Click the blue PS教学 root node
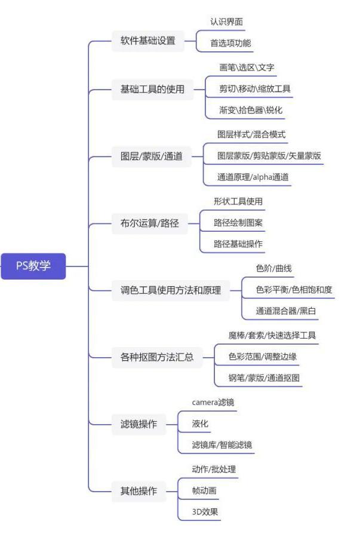click(x=33, y=266)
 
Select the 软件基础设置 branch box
click(x=148, y=41)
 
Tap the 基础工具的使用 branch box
click(x=152, y=89)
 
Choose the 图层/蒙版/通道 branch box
click(x=152, y=156)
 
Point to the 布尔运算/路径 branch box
click(x=150, y=223)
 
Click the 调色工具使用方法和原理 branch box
click(x=171, y=290)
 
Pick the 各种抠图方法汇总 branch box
click(x=157, y=357)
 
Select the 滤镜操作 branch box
click(x=139, y=424)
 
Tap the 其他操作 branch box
click(x=139, y=491)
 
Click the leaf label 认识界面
click(x=227, y=22)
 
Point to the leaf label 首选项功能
click(x=230, y=43)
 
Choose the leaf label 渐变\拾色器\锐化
click(x=251, y=110)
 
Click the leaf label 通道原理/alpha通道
click(x=253, y=177)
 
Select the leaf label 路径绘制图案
click(x=238, y=223)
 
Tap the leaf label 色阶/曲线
click(x=274, y=268)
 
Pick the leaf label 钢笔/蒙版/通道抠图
click(x=264, y=378)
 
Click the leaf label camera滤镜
click(x=213, y=403)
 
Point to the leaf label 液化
click(x=200, y=423)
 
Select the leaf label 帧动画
click(x=204, y=490)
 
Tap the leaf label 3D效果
click(x=205, y=511)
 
